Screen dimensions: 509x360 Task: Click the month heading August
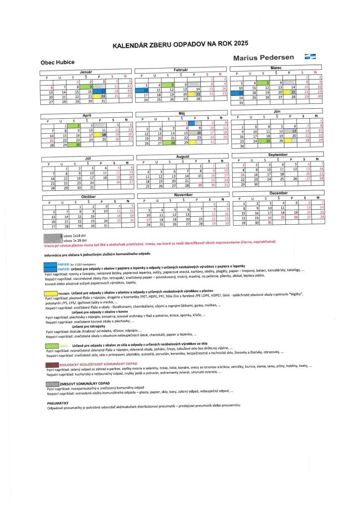click(x=183, y=156)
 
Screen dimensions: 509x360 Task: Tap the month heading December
click(x=278, y=192)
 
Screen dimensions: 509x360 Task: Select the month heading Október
click(x=87, y=197)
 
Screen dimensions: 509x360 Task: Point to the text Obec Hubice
click(x=58, y=62)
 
